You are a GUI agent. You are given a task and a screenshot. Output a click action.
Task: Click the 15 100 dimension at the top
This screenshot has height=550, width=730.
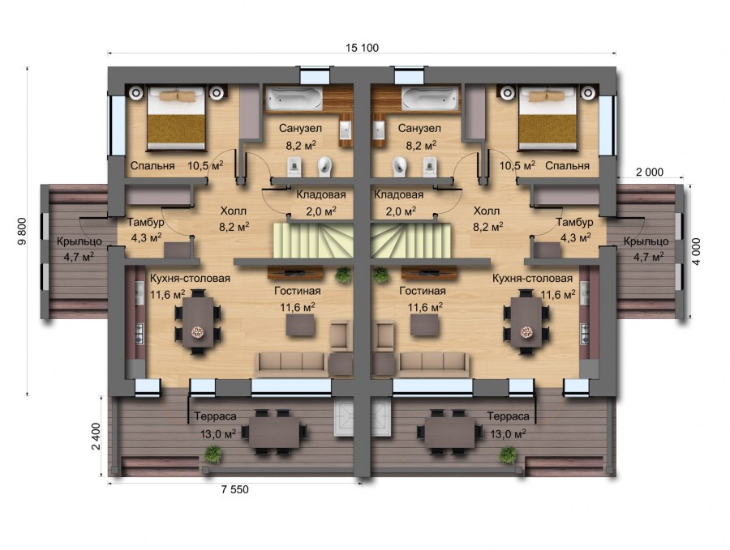click(x=363, y=48)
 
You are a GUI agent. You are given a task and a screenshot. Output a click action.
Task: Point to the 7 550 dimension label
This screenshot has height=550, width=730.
click(x=235, y=491)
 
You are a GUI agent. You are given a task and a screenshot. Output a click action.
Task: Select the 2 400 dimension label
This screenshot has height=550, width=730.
click(x=96, y=438)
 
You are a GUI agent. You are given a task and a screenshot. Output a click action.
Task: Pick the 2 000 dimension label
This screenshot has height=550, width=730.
click(x=650, y=173)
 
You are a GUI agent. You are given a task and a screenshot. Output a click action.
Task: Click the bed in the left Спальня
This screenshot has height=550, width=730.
click(x=175, y=120)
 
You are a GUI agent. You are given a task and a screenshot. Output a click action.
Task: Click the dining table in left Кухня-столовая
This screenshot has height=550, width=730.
click(x=197, y=318)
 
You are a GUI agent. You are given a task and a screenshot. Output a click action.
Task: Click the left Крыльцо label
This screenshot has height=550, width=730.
click(x=79, y=241)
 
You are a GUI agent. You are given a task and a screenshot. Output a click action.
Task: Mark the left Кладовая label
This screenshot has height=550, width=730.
click(x=320, y=195)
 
